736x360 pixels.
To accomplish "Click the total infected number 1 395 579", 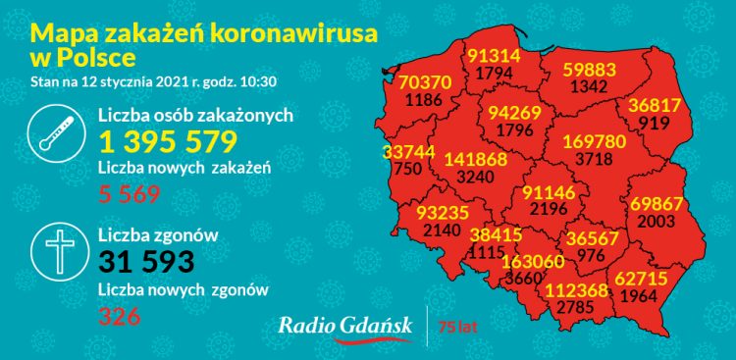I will [168, 140].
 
